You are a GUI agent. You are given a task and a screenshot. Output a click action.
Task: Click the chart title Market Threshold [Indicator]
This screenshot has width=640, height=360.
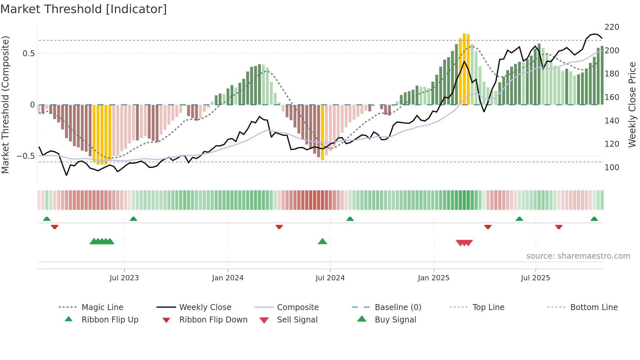[x=84, y=9]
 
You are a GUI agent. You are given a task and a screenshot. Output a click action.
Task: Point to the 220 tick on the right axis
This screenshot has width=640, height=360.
[x=612, y=27]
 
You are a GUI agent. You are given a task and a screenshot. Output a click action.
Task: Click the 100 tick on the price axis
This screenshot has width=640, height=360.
[x=612, y=168]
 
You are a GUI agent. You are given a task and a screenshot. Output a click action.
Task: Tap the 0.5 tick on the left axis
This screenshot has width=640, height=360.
[x=28, y=54]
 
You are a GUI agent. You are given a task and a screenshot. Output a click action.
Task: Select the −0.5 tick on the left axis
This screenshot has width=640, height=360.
[x=26, y=156]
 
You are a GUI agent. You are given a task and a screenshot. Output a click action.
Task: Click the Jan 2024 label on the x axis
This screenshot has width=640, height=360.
[x=228, y=278]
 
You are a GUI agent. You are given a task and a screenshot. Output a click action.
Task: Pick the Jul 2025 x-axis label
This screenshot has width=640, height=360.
[x=535, y=278]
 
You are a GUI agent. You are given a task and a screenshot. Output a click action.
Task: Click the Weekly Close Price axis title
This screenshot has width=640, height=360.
[x=632, y=105]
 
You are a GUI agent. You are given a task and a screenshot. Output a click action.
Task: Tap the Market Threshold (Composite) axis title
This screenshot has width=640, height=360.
[x=5, y=105]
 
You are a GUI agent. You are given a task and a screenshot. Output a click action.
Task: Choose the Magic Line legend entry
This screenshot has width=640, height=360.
[x=102, y=307]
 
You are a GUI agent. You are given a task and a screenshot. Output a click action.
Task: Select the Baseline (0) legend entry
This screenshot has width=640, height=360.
[x=398, y=307]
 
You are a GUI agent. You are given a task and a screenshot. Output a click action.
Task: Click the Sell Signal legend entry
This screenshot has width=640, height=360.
[x=297, y=320]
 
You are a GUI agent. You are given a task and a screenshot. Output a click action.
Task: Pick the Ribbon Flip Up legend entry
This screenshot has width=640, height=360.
[x=110, y=320]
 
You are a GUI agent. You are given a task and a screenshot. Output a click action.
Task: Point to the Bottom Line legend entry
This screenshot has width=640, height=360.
[x=594, y=307]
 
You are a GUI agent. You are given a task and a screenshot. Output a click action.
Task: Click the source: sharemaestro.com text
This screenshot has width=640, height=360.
[x=578, y=256]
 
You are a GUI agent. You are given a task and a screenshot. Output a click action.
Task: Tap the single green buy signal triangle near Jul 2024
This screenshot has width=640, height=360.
[x=322, y=241]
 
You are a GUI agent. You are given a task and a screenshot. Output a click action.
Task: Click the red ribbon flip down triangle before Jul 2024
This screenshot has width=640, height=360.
[x=279, y=227]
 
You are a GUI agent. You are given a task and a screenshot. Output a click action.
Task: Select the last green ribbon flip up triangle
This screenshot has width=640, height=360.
[x=594, y=219]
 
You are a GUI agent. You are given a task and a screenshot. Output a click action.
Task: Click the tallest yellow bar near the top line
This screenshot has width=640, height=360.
[x=464, y=69]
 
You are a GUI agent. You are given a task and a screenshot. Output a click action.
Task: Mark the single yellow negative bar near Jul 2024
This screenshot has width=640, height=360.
[x=322, y=132]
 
